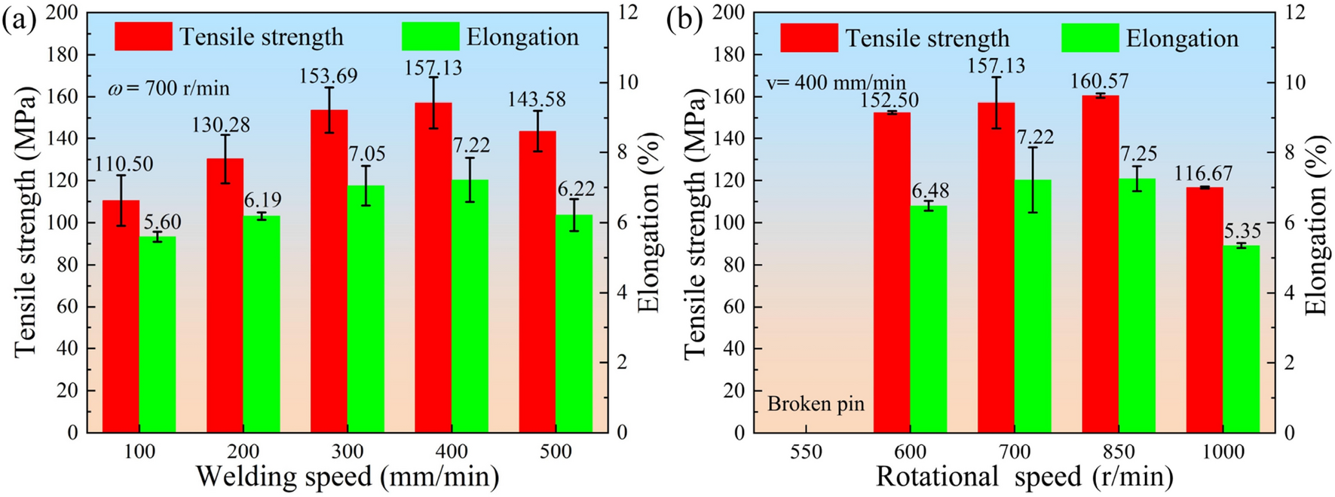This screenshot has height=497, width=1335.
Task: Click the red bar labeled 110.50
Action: pyautogui.click(x=121, y=317)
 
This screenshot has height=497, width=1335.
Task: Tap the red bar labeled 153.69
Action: pyautogui.click(x=329, y=272)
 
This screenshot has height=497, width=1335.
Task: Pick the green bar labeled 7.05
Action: pyautogui.click(x=366, y=309)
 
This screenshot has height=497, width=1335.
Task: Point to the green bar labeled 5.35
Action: pyautogui.click(x=1241, y=339)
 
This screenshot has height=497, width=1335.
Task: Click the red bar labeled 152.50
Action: pyautogui.click(x=892, y=272)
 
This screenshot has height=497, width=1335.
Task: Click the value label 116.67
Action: pyautogui.click(x=1204, y=173)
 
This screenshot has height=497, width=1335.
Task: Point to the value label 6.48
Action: pyautogui.click(x=929, y=191)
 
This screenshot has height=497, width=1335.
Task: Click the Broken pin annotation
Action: pyautogui.click(x=816, y=404)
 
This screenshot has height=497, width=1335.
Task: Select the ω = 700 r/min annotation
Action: pyautogui.click(x=169, y=89)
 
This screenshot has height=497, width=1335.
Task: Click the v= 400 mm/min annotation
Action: pyautogui.click(x=836, y=82)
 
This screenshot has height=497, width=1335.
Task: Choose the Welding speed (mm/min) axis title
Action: pyautogui.click(x=348, y=477)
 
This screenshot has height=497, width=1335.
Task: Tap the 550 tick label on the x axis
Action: pyautogui.click(x=806, y=453)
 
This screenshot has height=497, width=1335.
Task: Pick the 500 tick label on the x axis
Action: pyautogui.click(x=556, y=453)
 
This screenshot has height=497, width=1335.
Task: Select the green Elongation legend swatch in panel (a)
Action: pyautogui.click(x=430, y=36)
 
